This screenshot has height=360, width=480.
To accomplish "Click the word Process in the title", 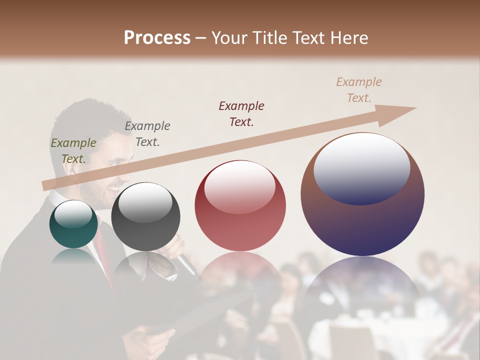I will click(x=157, y=38).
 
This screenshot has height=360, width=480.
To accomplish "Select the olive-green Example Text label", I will click(x=73, y=150).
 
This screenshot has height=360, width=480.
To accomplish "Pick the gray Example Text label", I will click(x=147, y=133).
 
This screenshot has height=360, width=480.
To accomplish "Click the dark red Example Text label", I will click(x=241, y=113).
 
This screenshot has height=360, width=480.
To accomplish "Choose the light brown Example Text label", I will click(x=359, y=89).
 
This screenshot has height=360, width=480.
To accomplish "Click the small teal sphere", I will click(x=73, y=224).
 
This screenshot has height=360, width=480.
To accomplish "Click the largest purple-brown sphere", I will click(x=362, y=195).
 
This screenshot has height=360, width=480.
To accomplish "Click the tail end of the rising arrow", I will click(x=45, y=186).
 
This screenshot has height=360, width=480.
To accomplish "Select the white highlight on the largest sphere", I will click(x=362, y=168).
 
